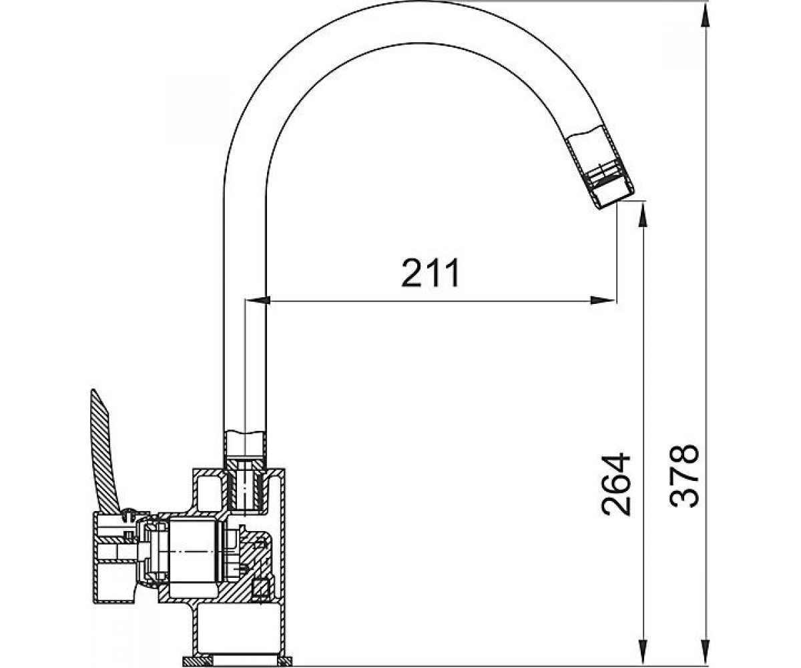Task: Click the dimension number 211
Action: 430,273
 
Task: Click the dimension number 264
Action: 615,485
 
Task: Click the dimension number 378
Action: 684,476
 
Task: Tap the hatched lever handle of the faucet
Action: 104,452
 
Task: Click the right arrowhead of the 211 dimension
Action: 603,300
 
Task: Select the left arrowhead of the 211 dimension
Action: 258,300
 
